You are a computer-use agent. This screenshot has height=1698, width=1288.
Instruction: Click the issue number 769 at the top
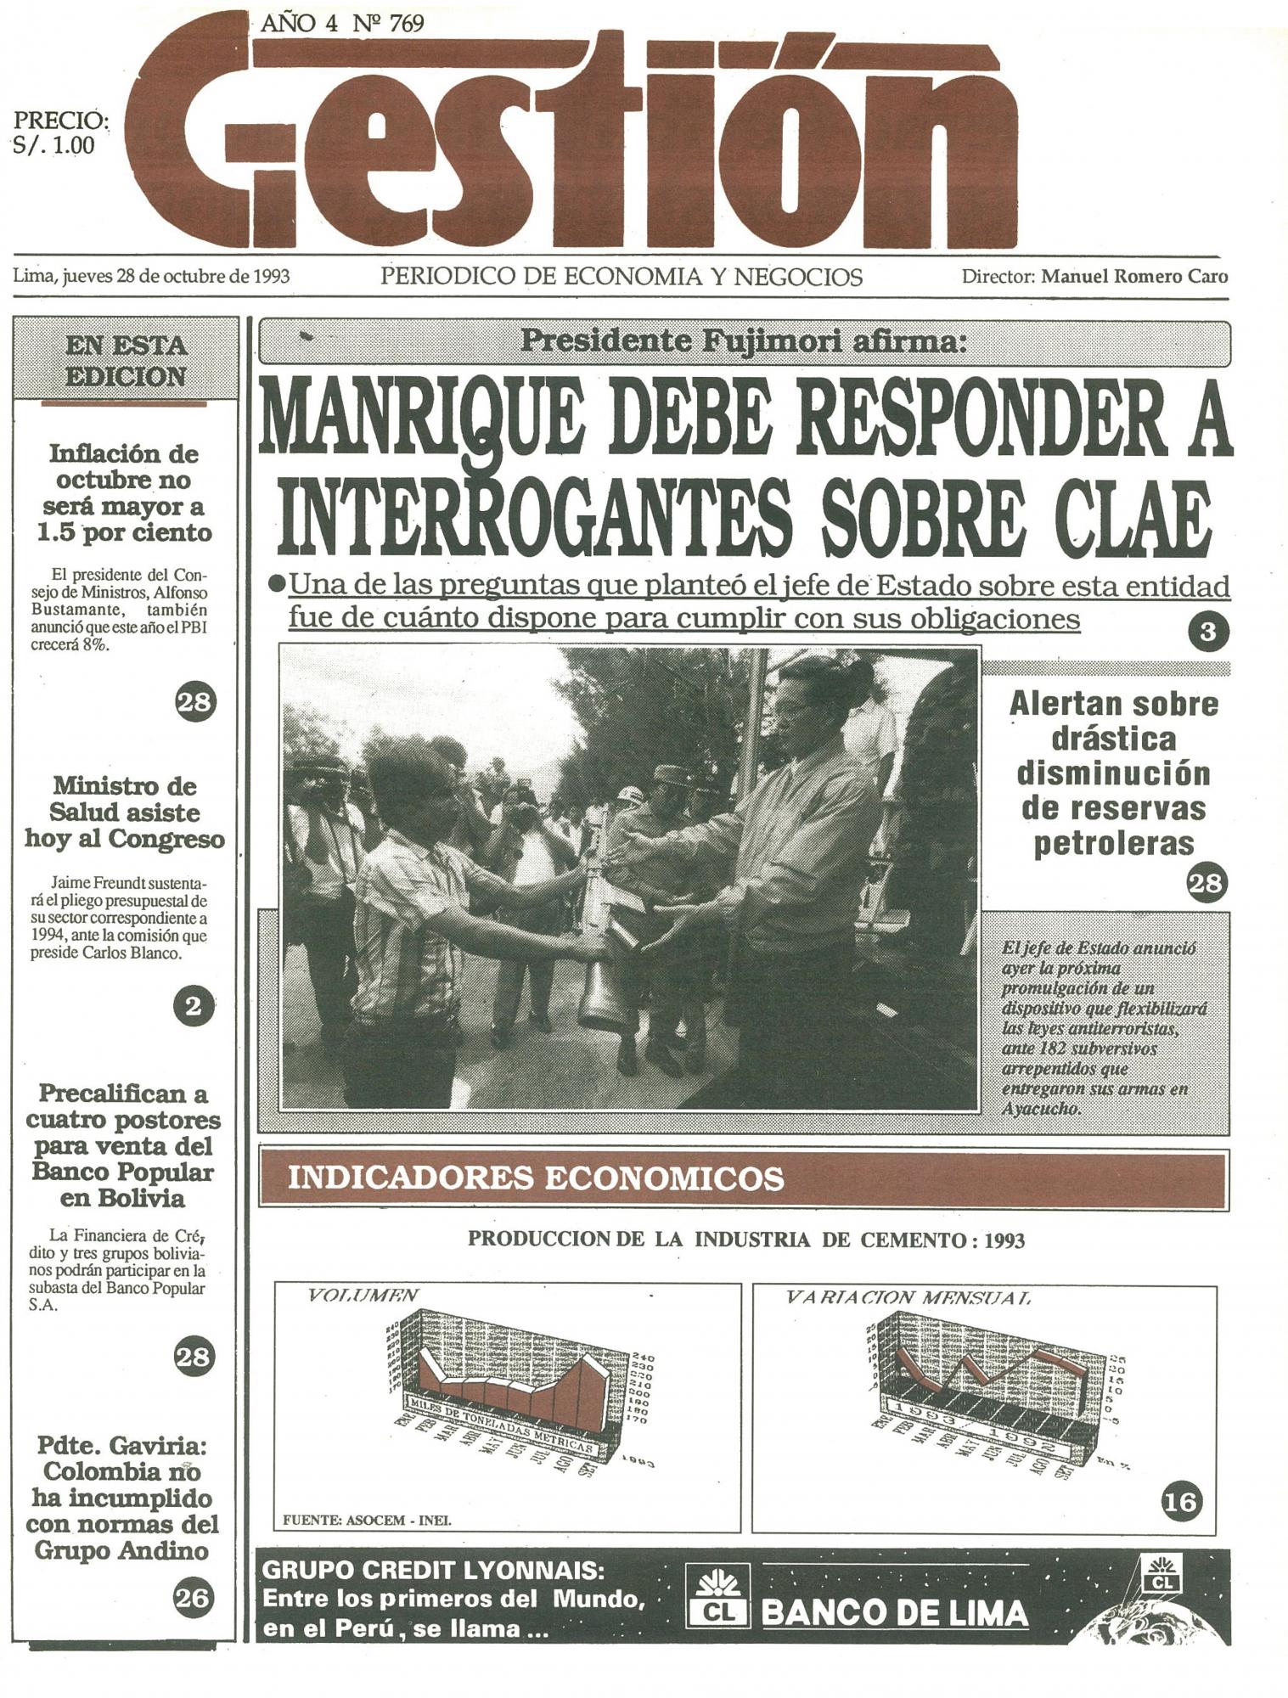tap(405, 24)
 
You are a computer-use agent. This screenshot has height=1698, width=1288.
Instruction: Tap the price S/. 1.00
tap(53, 145)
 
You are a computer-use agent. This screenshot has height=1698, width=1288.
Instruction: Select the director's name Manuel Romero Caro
tap(1134, 277)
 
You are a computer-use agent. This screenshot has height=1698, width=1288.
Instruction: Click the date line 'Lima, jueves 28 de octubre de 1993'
tap(151, 277)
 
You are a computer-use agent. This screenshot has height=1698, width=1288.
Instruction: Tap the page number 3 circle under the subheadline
tap(1207, 632)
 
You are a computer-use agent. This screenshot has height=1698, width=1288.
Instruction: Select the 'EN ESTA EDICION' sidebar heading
tap(126, 361)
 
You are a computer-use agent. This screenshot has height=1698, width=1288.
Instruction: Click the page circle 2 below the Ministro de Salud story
tap(193, 1006)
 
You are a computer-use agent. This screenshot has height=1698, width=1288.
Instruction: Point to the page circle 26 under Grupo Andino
tap(191, 1598)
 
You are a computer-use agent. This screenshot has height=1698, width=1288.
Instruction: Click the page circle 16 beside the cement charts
tap(1181, 1503)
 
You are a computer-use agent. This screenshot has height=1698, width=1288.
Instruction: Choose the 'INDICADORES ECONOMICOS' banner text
tap(536, 1178)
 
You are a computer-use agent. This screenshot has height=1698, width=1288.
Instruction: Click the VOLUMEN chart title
tap(363, 1296)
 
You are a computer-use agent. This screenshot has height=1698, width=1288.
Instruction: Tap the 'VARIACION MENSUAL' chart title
tap(908, 1297)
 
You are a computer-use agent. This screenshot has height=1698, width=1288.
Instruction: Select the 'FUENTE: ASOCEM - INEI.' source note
tap(367, 1520)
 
